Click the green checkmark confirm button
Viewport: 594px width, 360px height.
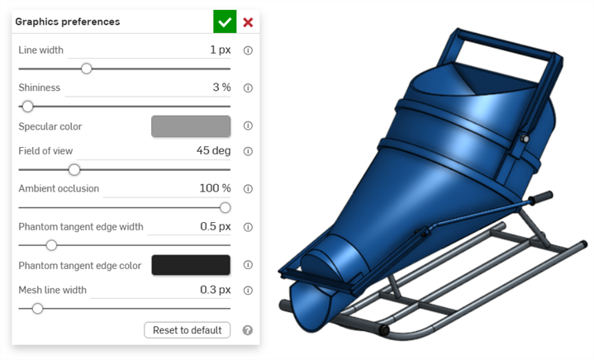[x=224, y=22]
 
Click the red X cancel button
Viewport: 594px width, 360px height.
[x=248, y=22]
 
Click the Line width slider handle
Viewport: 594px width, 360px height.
[x=86, y=69]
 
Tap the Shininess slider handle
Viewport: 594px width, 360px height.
[x=27, y=107]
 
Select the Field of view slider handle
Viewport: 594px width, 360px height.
[x=74, y=169]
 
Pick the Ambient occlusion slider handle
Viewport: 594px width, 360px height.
[x=225, y=207]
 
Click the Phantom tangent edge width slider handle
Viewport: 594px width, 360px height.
[x=51, y=245]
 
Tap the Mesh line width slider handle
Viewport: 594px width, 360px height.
[x=37, y=309]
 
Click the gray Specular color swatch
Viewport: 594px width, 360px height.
[x=191, y=126]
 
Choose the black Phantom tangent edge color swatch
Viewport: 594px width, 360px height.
[x=191, y=265]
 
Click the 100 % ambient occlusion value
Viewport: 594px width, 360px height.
[x=215, y=188]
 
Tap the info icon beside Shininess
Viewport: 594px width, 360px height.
[x=248, y=88]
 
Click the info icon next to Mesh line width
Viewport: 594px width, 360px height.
[x=248, y=290]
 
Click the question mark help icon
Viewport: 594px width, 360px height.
[x=248, y=330]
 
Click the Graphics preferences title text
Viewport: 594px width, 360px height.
[x=68, y=21]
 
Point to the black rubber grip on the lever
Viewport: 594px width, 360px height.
[x=541, y=198]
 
